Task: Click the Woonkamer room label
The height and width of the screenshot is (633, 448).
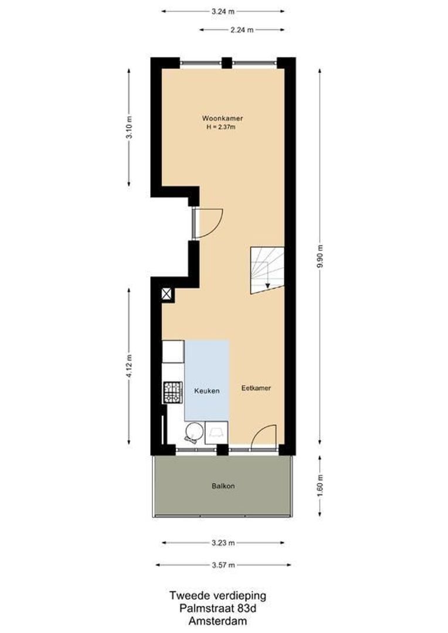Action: pyautogui.click(x=223, y=118)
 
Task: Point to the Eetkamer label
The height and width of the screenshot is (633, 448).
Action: pyautogui.click(x=256, y=388)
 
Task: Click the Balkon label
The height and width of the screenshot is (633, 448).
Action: pyautogui.click(x=223, y=486)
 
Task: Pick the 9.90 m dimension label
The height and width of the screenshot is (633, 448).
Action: pyautogui.click(x=320, y=256)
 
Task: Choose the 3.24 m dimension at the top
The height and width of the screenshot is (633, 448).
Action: pyautogui.click(x=223, y=11)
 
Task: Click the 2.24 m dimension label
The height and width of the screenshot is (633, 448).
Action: pyautogui.click(x=242, y=29)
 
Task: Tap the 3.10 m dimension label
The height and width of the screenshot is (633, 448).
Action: pyautogui.click(x=129, y=127)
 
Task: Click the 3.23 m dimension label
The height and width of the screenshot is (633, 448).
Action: pyautogui.click(x=223, y=543)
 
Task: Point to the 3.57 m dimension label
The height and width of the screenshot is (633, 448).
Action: pyautogui.click(x=223, y=565)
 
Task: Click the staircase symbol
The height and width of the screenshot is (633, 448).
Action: pyautogui.click(x=267, y=270)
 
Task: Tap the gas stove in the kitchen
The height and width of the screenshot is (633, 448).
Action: pyautogui.click(x=172, y=392)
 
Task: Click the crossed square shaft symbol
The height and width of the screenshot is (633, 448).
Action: pyautogui.click(x=167, y=294)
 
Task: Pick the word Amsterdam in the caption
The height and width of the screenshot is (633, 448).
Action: pyautogui.click(x=218, y=621)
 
